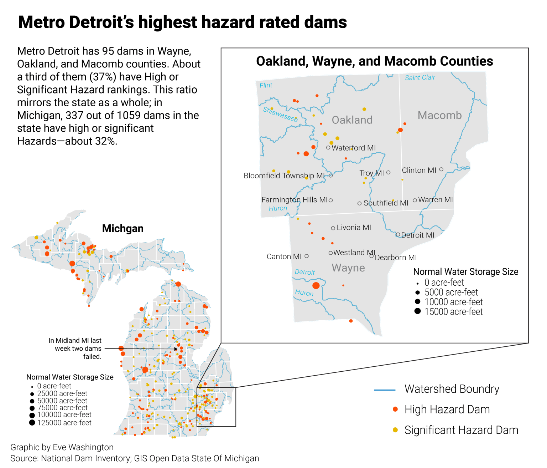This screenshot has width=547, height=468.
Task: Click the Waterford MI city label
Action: coord(353,148)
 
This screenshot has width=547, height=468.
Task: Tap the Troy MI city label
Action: coord(371,173)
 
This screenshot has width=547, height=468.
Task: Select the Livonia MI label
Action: coord(354,228)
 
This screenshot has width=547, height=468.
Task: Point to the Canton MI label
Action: coord(284,256)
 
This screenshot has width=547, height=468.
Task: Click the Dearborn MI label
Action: coord(396,258)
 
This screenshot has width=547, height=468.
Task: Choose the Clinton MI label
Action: coord(419,170)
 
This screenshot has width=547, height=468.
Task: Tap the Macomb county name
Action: coord(439,115)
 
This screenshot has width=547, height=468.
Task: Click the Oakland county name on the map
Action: coord(352,120)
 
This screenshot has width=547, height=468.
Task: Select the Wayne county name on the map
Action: coord(348,268)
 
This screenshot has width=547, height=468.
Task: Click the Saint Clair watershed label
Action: coord(420,77)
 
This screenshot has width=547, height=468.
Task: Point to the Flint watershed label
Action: coord(266,85)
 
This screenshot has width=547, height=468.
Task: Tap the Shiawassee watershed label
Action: coord(280,114)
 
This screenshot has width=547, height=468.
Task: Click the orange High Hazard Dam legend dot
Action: coord(395,409)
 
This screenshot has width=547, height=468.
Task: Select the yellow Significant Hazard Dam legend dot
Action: coord(395,430)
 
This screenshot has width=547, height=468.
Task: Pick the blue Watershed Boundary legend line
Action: coord(385,390)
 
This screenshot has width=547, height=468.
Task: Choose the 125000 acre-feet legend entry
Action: coord(64,423)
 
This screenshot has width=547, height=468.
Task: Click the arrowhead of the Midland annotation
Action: coord(176,349)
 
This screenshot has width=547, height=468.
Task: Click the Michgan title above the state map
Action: coord(123,228)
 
